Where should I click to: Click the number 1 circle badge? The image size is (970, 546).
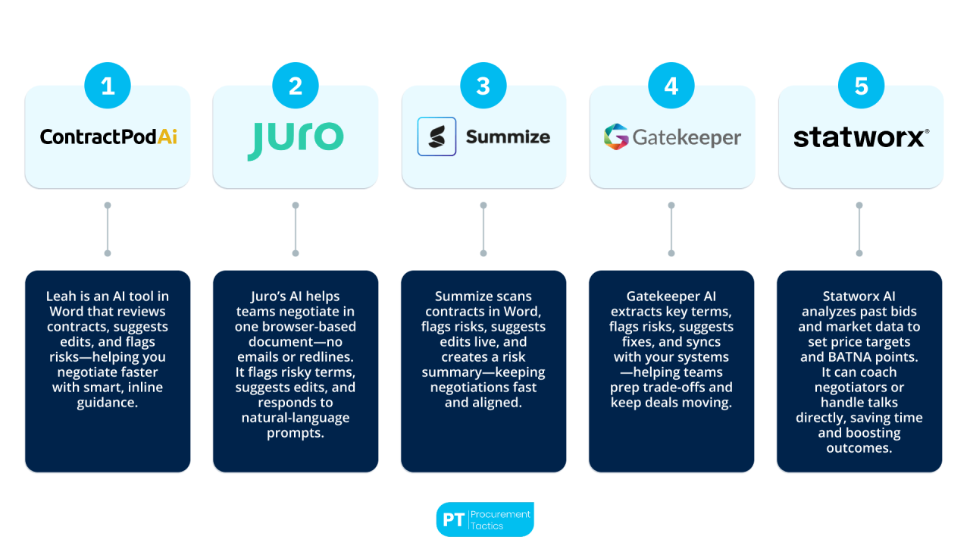point(108,86)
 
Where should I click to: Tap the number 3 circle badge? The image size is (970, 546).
point(483,86)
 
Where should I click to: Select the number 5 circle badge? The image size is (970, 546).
point(860,86)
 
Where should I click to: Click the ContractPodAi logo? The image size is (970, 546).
point(108,136)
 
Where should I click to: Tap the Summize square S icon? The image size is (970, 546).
point(436,136)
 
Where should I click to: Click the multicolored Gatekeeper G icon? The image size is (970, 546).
point(616,137)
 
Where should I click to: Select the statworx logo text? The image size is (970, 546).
point(860,137)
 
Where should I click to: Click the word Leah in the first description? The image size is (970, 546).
point(62,297)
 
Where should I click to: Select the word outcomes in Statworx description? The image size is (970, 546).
point(859,448)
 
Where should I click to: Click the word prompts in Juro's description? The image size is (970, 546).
point(295,433)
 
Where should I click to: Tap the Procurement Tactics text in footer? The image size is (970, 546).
point(500,519)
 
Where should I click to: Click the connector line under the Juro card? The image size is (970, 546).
point(296,229)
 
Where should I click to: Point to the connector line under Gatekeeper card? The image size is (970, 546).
point(671,229)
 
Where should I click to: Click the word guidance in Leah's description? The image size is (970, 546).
point(108,403)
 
